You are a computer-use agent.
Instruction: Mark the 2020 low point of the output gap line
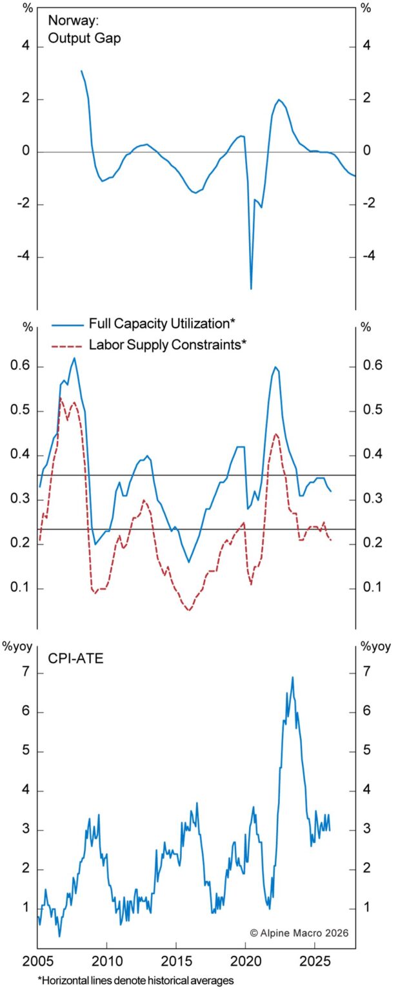coord(251,289)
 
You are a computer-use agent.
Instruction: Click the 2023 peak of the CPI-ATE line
coord(292,677)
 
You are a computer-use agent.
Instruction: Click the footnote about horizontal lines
coord(126,980)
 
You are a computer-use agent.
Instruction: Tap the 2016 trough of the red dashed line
coord(189,610)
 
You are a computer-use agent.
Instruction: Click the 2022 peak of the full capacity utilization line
coord(275,367)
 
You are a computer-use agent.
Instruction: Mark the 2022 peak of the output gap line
coord(279,99)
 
